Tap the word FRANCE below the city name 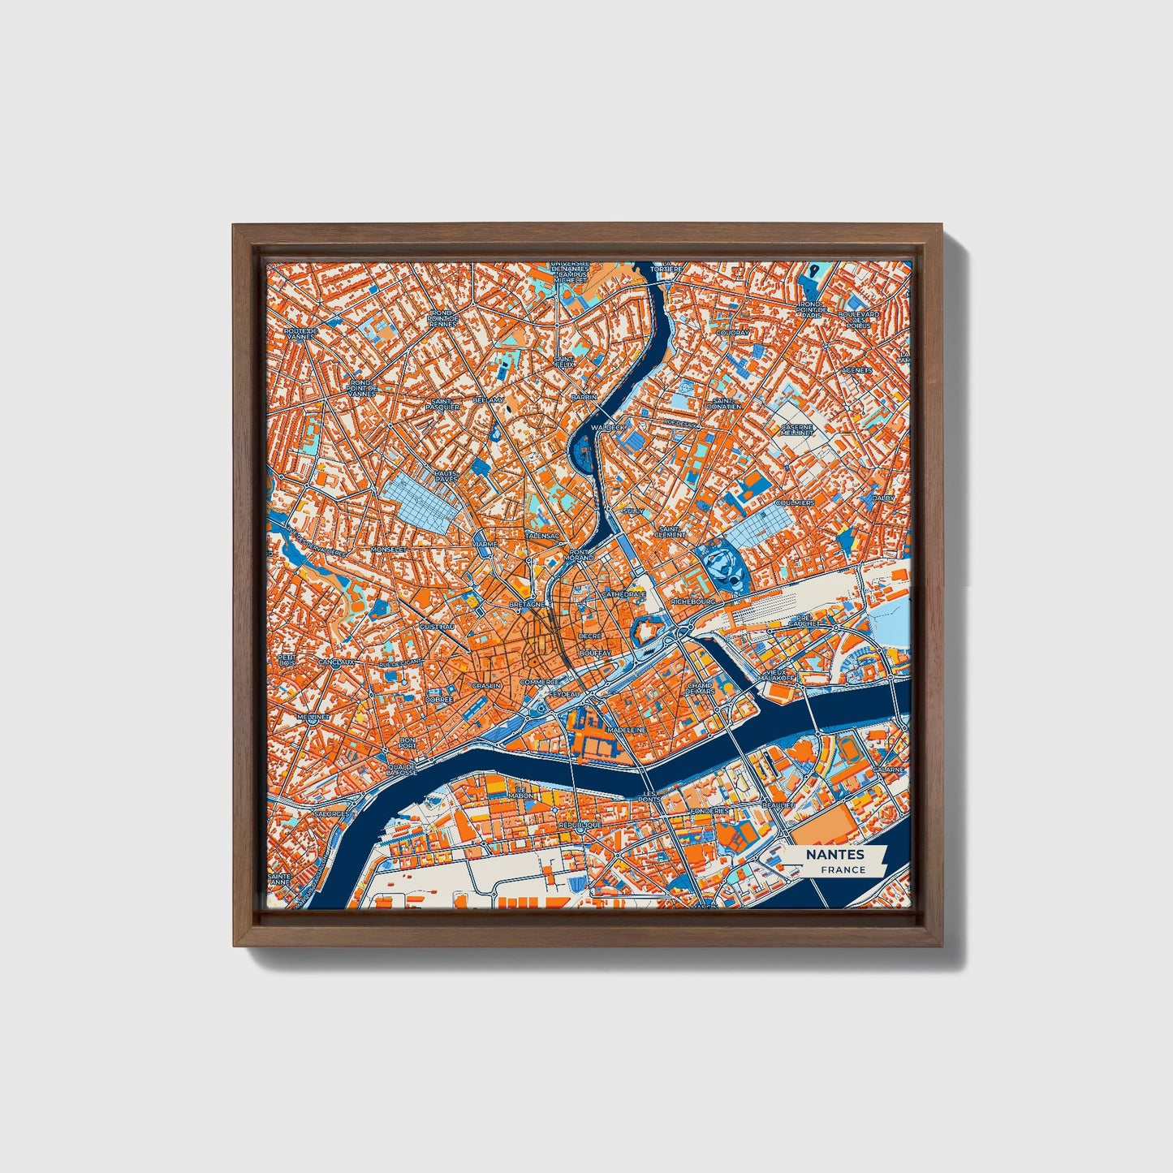[842, 869]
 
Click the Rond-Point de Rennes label [443, 317]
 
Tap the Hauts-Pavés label [446, 476]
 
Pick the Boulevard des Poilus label [859, 320]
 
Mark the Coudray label [733, 332]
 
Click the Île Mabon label [521, 792]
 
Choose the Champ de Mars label [700, 688]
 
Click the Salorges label [330, 813]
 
